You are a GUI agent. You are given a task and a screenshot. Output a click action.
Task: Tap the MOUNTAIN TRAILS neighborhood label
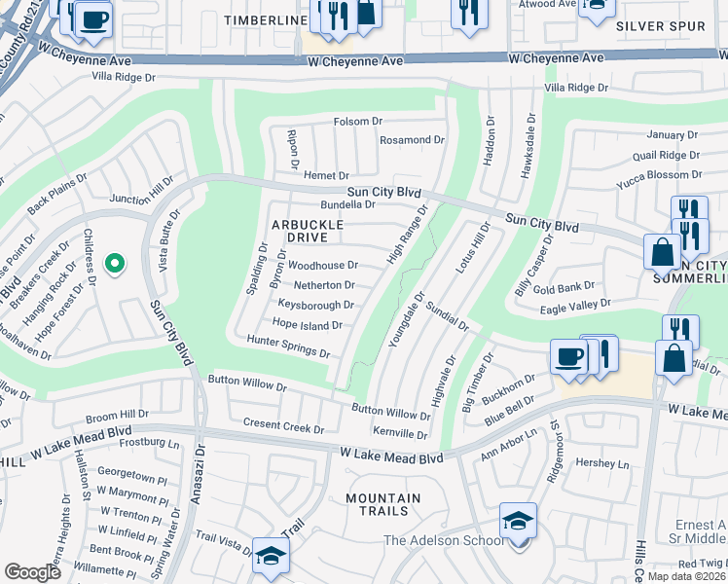click(x=383, y=506)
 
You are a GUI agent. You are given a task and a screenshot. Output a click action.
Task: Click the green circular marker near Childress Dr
click(x=114, y=263)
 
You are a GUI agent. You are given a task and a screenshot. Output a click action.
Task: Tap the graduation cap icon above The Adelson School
click(x=518, y=521)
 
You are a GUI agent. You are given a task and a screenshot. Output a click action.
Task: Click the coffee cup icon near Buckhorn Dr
click(x=568, y=357)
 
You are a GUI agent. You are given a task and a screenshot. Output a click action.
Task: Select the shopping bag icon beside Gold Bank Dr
click(x=662, y=252)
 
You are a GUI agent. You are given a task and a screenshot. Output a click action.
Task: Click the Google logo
click(x=32, y=572)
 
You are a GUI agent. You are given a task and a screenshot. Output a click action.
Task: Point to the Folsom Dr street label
click(x=358, y=122)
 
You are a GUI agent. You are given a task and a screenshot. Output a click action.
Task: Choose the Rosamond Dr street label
click(x=412, y=140)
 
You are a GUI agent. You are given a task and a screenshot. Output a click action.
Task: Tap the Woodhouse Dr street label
click(x=324, y=265)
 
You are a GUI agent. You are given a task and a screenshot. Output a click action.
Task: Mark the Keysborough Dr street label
click(x=315, y=305)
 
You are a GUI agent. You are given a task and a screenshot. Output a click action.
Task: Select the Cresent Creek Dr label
click(x=283, y=428)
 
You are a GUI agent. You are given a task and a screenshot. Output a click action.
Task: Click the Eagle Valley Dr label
click(x=576, y=304)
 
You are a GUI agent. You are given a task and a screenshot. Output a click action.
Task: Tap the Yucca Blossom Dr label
click(x=659, y=175)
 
